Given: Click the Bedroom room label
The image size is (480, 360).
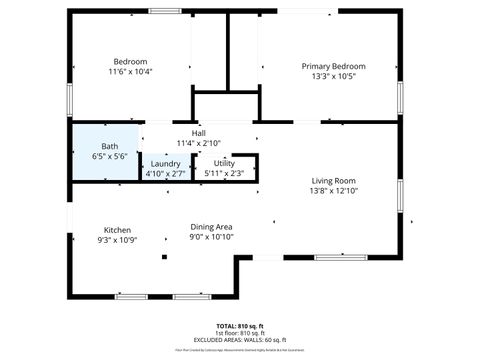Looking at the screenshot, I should [130, 61].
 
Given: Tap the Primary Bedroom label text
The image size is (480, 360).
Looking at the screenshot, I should [334, 66].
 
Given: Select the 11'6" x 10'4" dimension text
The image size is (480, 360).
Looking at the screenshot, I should [130, 72].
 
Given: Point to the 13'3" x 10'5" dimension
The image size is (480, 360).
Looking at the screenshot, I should [334, 77].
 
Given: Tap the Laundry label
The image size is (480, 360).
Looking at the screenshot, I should [166, 163].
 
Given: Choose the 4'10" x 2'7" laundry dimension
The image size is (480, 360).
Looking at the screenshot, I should [166, 174].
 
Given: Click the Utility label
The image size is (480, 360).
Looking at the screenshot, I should [224, 163].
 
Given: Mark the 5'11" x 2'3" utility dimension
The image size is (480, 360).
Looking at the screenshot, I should [224, 174].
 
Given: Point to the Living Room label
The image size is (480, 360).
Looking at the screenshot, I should [334, 180].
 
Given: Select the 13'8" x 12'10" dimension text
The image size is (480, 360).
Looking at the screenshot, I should [334, 190].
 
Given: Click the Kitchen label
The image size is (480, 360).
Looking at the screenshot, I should [117, 230].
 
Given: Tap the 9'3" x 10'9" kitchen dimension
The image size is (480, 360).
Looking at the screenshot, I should [117, 240].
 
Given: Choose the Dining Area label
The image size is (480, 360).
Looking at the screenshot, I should [211, 227].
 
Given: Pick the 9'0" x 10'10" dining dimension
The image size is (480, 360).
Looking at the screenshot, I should [211, 237].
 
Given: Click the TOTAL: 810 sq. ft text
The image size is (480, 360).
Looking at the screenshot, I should [239, 326].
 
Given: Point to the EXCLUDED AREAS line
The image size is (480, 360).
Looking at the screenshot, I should [239, 340].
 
